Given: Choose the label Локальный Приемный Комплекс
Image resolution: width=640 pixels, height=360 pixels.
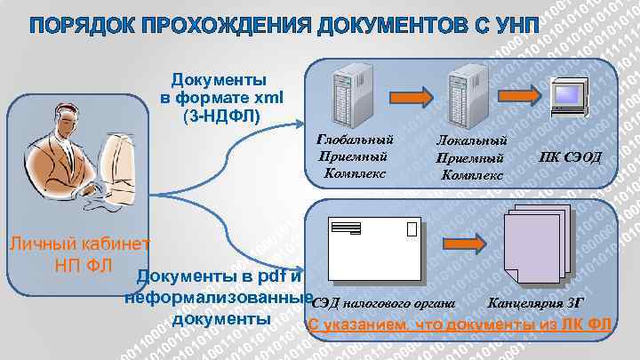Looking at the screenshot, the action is pyautogui.click(x=472, y=156).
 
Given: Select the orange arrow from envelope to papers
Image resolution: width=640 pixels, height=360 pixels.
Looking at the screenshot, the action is pyautogui.click(x=454, y=243).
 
